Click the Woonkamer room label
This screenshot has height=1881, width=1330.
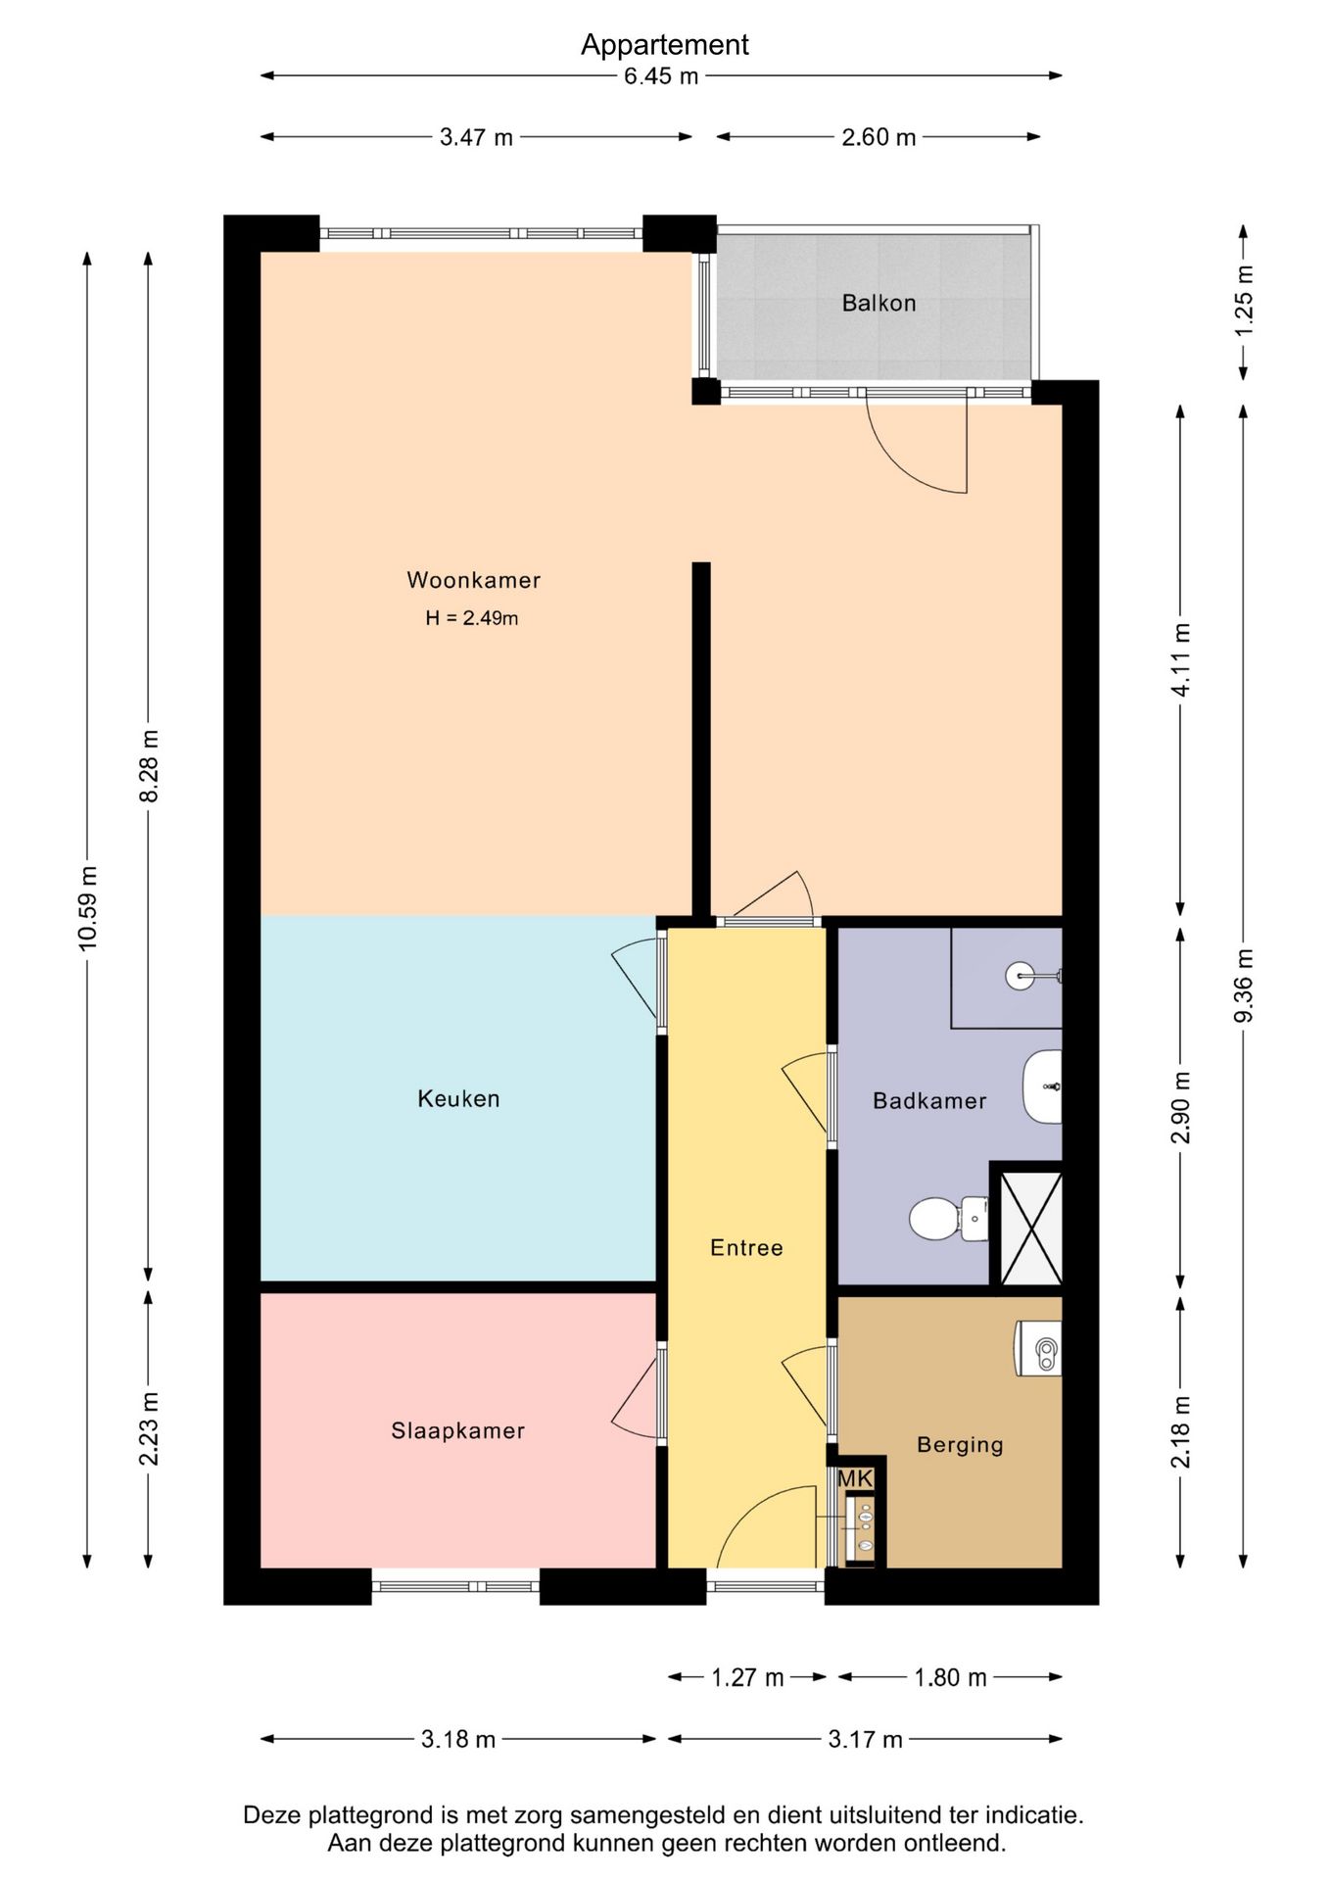pos(474,580)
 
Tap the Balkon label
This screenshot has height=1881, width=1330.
pos(879,304)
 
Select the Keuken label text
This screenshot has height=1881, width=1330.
pos(458,1099)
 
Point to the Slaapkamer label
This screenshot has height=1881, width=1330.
pos(458,1431)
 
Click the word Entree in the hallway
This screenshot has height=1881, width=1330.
pos(746,1248)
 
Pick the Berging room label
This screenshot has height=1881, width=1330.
pos(960,1445)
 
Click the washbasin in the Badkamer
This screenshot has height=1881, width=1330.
pos(1042,1087)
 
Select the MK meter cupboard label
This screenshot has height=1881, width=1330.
pos(855,1479)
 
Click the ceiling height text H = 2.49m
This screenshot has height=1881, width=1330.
pos(471,618)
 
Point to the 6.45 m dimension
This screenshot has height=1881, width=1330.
pos(661,76)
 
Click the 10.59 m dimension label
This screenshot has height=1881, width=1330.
pos(88,908)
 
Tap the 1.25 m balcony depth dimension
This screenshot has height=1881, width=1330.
pos(1244,302)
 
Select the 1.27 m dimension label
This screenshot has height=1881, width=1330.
pos(747,1678)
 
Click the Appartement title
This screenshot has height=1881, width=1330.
pos(665,45)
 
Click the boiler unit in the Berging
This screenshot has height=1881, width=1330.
pos(1039,1348)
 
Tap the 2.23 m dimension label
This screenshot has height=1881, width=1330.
pos(149,1429)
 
